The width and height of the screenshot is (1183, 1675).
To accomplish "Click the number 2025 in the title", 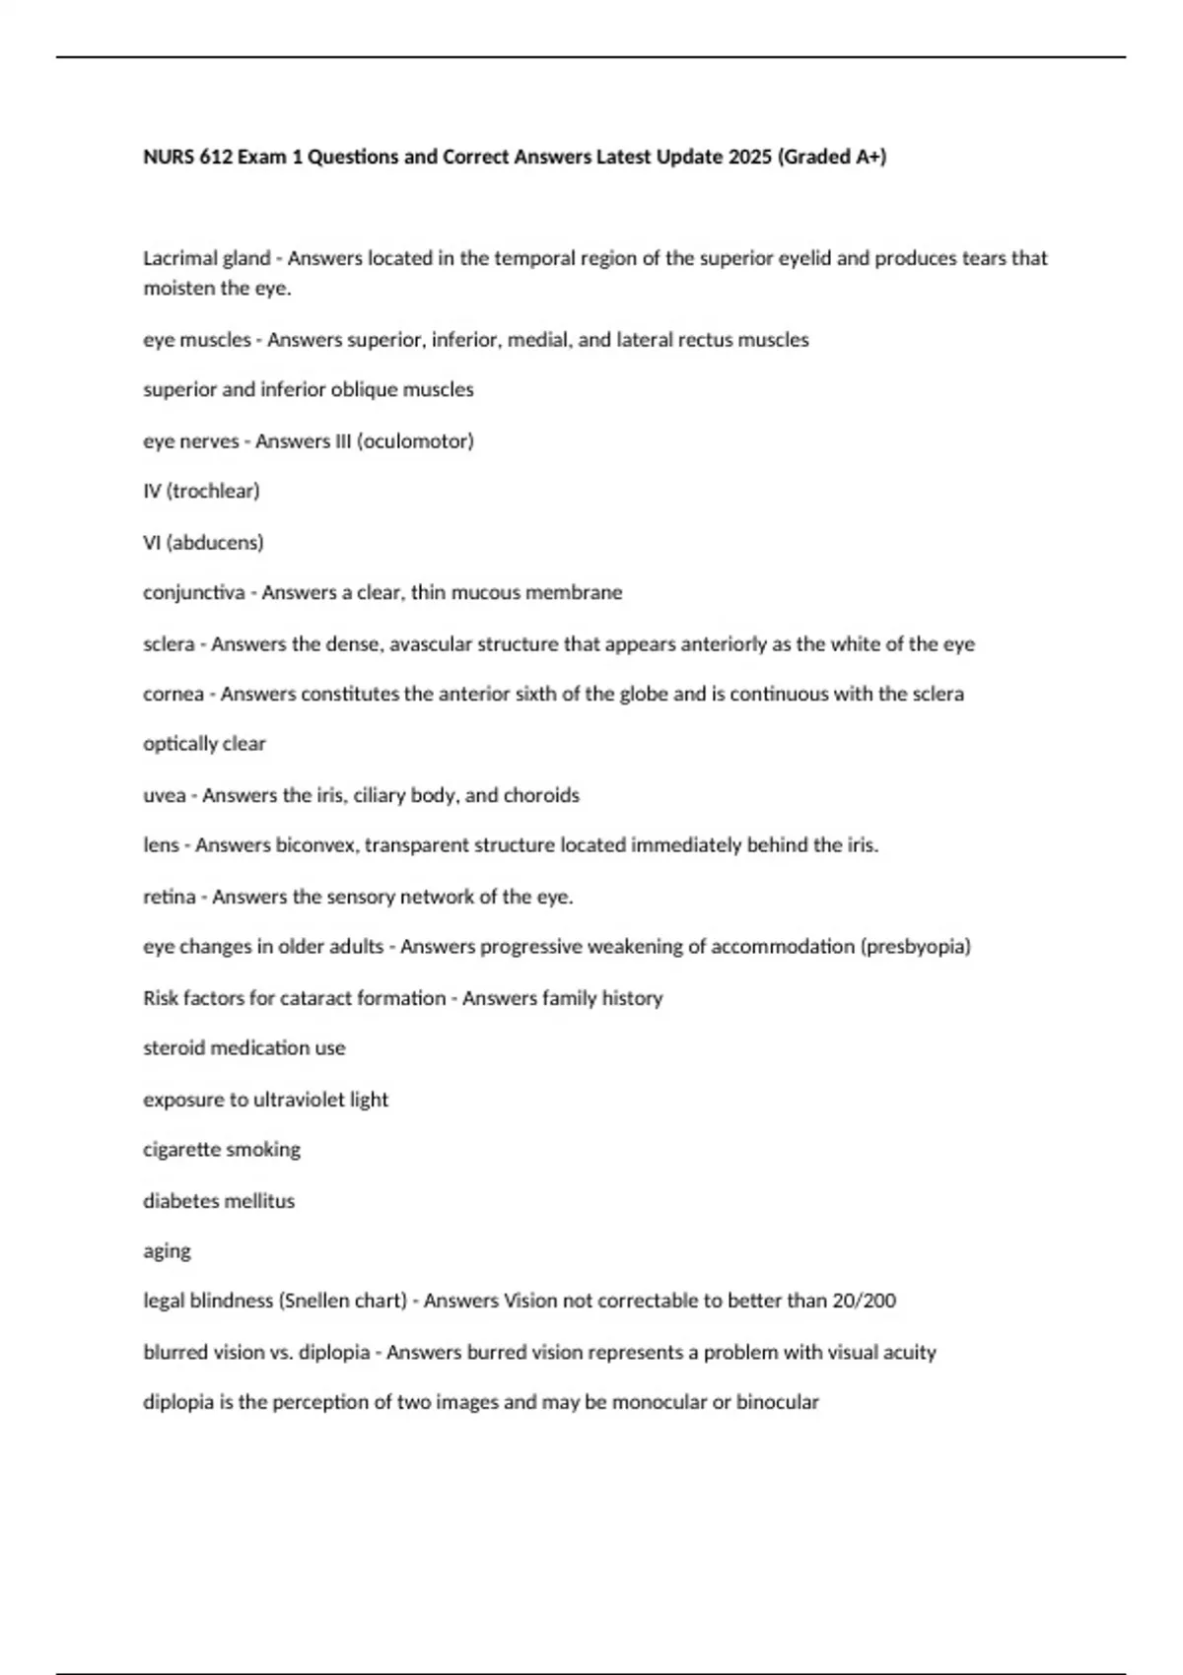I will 750,157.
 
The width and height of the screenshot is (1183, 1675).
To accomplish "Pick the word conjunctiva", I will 193,593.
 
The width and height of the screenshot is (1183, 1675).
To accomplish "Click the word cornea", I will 173,695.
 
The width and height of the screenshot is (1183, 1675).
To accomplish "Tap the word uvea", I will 164,795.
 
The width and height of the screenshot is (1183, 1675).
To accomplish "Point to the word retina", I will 169,897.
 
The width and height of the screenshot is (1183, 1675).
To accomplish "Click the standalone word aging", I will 167,1251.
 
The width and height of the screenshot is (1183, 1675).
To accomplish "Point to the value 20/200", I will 864,1301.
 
